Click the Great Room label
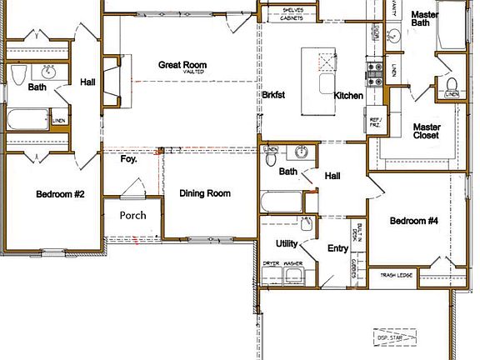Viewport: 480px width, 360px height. pyautogui.click(x=182, y=65)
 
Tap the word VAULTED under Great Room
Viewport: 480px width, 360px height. pyautogui.click(x=182, y=72)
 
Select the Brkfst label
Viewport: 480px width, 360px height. pyautogui.click(x=274, y=96)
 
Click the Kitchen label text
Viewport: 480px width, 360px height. pyautogui.click(x=348, y=96)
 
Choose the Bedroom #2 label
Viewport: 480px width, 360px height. pyautogui.click(x=61, y=194)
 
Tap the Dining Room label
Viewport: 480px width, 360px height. pyautogui.click(x=205, y=193)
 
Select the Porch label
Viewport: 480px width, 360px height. pyautogui.click(x=132, y=214)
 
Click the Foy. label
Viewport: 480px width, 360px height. pyautogui.click(x=128, y=158)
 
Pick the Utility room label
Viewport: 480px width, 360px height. pyautogui.click(x=287, y=243)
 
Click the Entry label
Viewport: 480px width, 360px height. pyautogui.click(x=337, y=247)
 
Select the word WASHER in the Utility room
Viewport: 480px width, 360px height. pyautogui.click(x=292, y=263)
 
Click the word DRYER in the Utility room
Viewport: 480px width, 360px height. pyautogui.click(x=272, y=263)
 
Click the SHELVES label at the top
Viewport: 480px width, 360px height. pyautogui.click(x=291, y=9)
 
